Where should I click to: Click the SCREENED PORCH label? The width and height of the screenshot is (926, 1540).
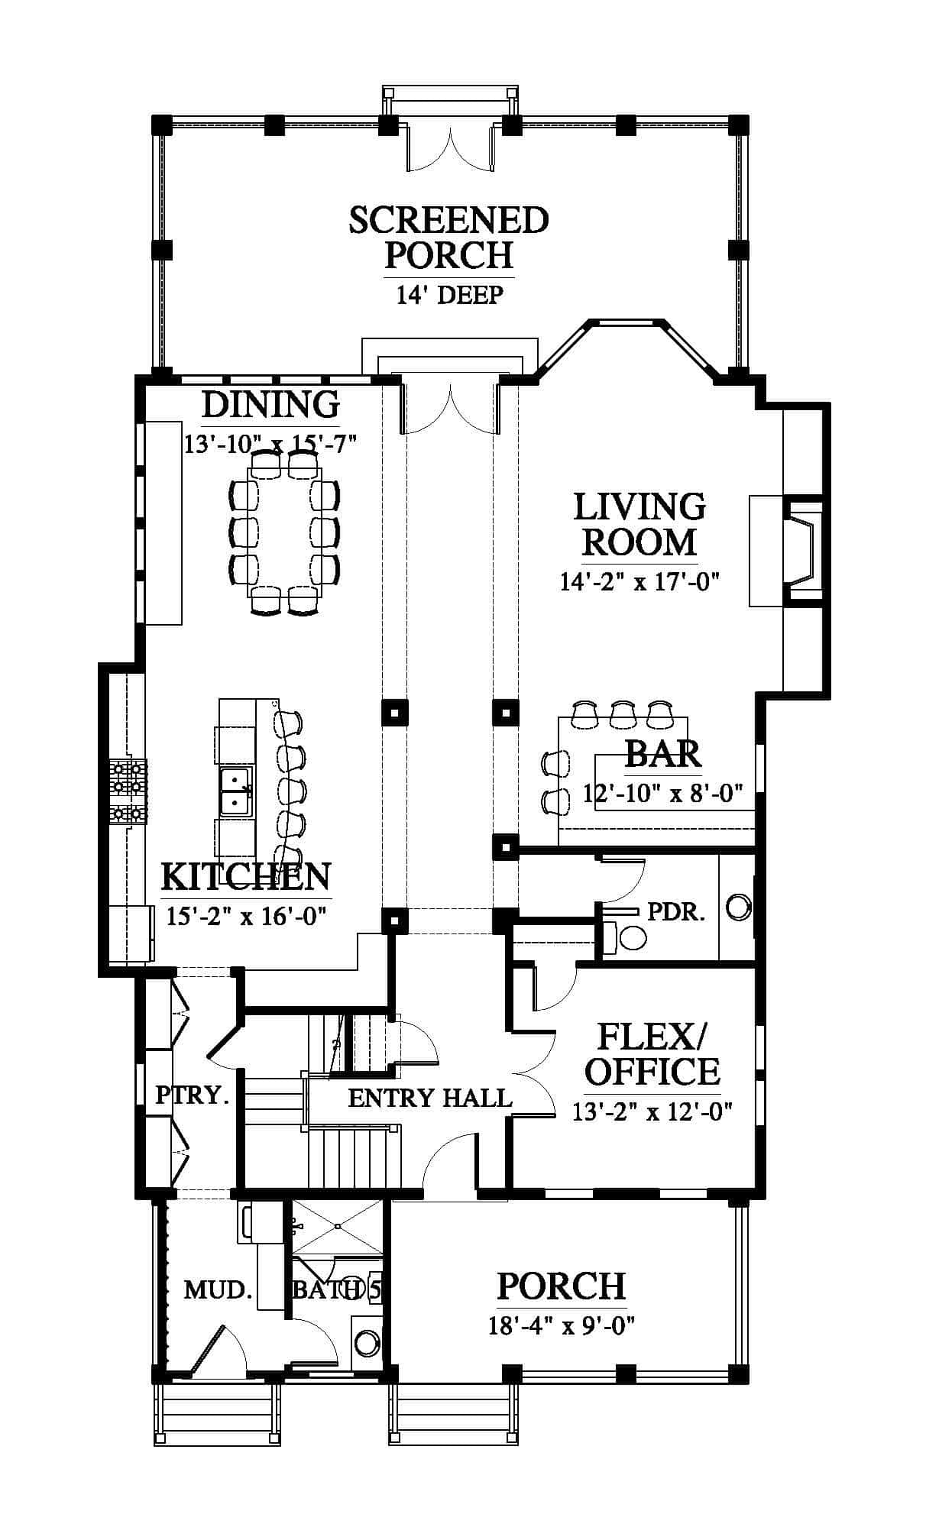[449, 238]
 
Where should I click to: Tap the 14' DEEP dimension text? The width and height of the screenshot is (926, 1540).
[449, 295]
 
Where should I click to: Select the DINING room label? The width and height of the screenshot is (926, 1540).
[270, 405]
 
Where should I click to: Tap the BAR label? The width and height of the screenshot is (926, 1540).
[662, 754]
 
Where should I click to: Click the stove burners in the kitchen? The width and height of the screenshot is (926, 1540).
[128, 791]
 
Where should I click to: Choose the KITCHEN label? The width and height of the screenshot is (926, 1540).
[246, 877]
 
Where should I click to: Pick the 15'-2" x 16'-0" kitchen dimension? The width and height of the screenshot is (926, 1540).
[247, 915]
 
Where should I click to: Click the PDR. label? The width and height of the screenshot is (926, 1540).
[676, 911]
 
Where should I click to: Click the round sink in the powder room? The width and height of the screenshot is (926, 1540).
[738, 907]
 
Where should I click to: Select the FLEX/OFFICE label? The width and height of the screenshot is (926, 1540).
[652, 1055]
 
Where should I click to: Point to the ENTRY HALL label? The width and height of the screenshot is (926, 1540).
[429, 1098]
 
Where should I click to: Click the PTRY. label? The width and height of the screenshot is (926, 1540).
[193, 1095]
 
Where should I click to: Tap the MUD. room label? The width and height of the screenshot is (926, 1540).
[219, 1290]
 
